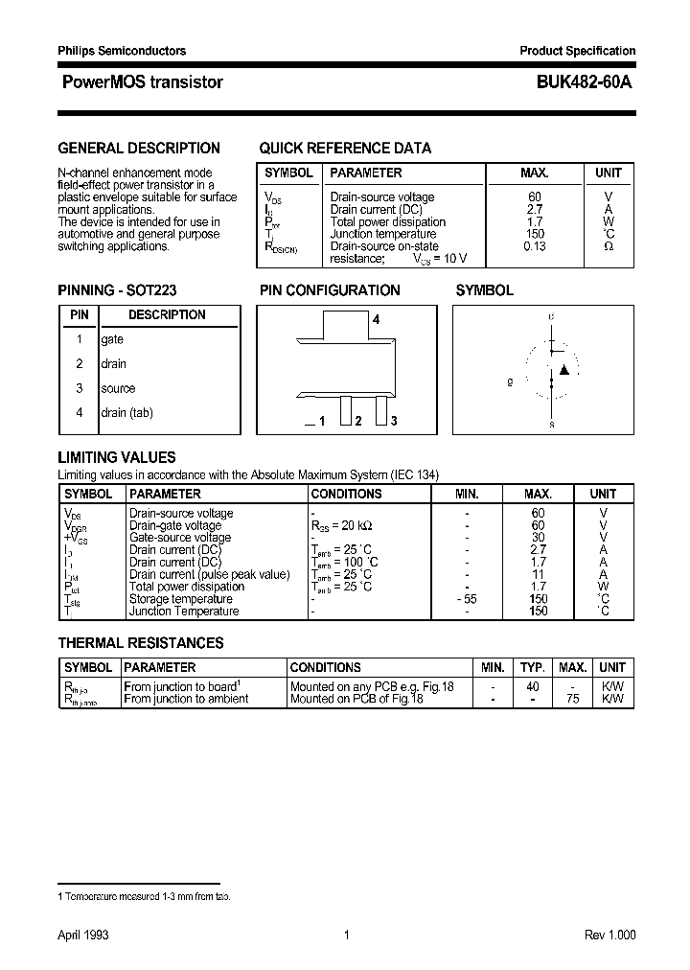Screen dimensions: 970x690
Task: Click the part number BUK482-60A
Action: (x=578, y=82)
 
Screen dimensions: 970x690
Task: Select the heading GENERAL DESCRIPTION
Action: (x=139, y=148)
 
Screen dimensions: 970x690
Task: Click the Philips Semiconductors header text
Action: (x=122, y=51)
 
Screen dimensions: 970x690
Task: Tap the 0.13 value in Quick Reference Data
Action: (x=534, y=246)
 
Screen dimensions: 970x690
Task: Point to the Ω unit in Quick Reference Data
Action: (x=609, y=246)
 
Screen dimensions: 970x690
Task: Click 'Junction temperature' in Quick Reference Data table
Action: (x=369, y=234)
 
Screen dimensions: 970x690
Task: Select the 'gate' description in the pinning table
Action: (x=112, y=339)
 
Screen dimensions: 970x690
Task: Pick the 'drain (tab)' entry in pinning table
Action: (x=126, y=412)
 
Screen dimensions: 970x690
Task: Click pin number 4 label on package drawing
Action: (x=377, y=320)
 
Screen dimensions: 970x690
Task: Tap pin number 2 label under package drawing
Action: (x=357, y=421)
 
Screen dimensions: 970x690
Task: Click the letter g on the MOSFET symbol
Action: (x=510, y=381)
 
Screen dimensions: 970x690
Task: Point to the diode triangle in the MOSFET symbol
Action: (x=564, y=370)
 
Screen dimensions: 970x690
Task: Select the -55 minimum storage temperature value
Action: (x=467, y=599)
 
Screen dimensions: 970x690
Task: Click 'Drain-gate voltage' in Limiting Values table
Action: (x=174, y=525)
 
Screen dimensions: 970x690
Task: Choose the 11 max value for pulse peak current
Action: (x=538, y=574)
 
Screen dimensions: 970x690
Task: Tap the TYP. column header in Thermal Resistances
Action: (x=533, y=667)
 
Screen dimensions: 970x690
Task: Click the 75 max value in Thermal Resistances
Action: (x=572, y=700)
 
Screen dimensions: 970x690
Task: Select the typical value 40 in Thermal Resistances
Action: (x=533, y=687)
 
